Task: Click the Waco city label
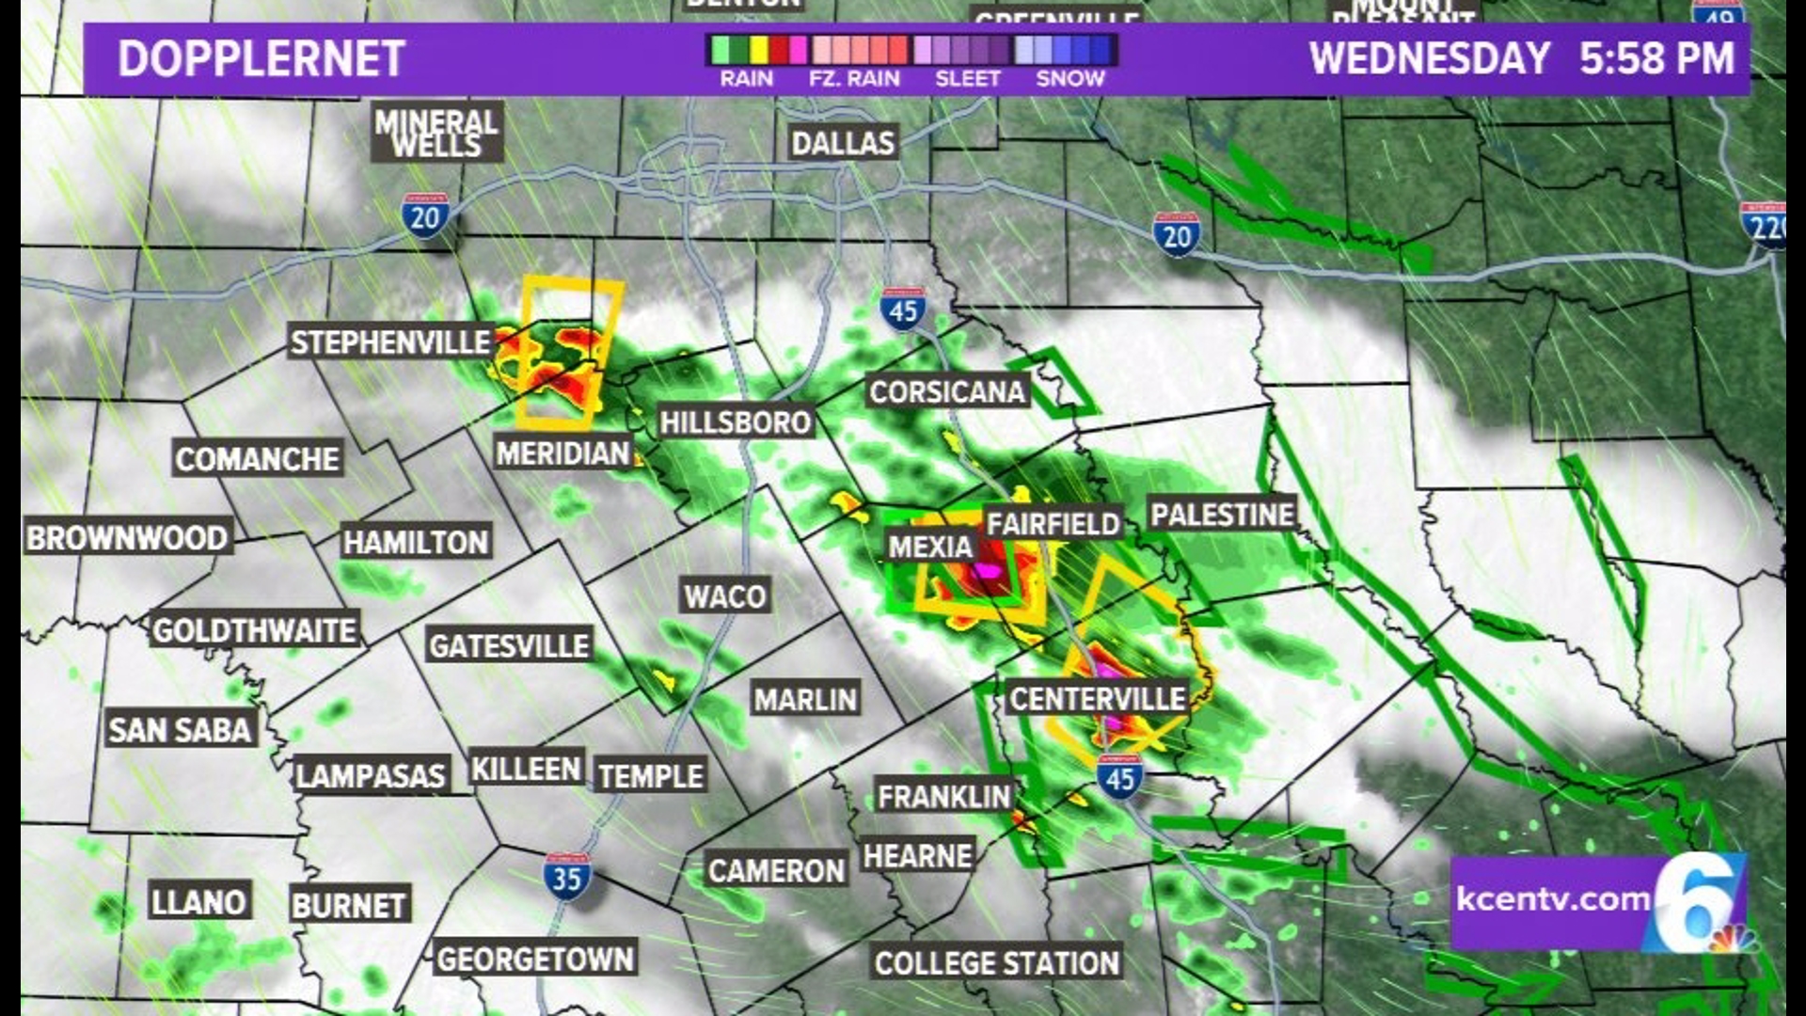[724, 596]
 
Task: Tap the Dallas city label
[843, 143]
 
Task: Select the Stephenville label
[390, 342]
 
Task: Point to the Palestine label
[1223, 515]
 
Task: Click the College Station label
[996, 963]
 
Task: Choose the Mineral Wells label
[436, 133]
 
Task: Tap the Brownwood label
[127, 538]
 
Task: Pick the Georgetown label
[535, 960]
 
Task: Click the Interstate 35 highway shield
[567, 877]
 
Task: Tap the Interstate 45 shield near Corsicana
[903, 309]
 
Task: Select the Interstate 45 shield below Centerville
[1119, 777]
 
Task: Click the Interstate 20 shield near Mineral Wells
[425, 216]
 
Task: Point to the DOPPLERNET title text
[261, 58]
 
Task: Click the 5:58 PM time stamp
[1656, 58]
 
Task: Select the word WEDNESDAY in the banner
[1430, 58]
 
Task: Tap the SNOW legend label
[1069, 79]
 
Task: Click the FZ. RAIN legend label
[854, 79]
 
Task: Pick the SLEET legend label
[967, 79]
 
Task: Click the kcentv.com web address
[1553, 899]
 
